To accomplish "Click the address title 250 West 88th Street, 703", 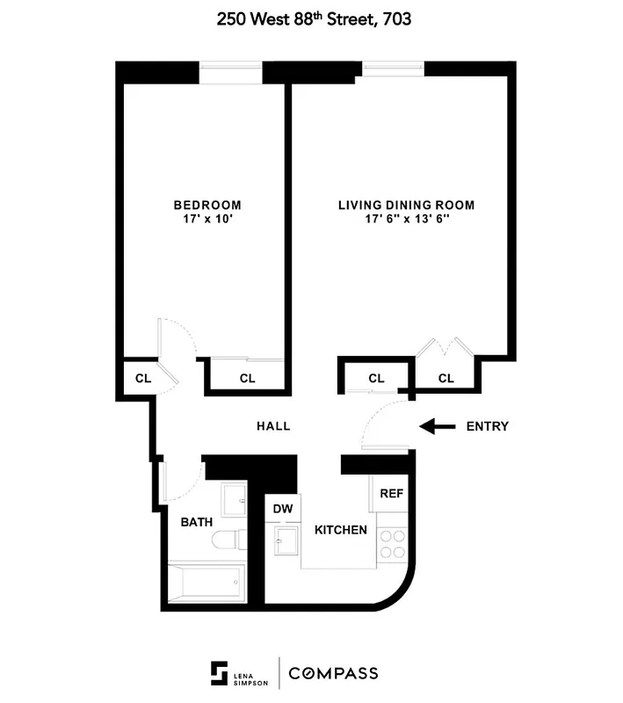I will point(311,19).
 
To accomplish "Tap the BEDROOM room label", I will point(206,206).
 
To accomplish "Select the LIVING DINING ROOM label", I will point(406,206).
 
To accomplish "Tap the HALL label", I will point(273,426).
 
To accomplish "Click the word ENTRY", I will point(487,427).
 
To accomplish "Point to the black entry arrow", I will point(437,427).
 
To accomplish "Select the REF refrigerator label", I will point(391,493).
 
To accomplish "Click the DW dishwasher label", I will point(283,509).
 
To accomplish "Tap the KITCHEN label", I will point(341,530).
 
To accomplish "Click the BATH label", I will point(197,522).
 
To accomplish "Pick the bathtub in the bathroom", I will point(206,580).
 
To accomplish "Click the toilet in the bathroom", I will point(232,539).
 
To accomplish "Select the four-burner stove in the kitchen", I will point(392,544).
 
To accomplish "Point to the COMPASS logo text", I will point(336,674).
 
